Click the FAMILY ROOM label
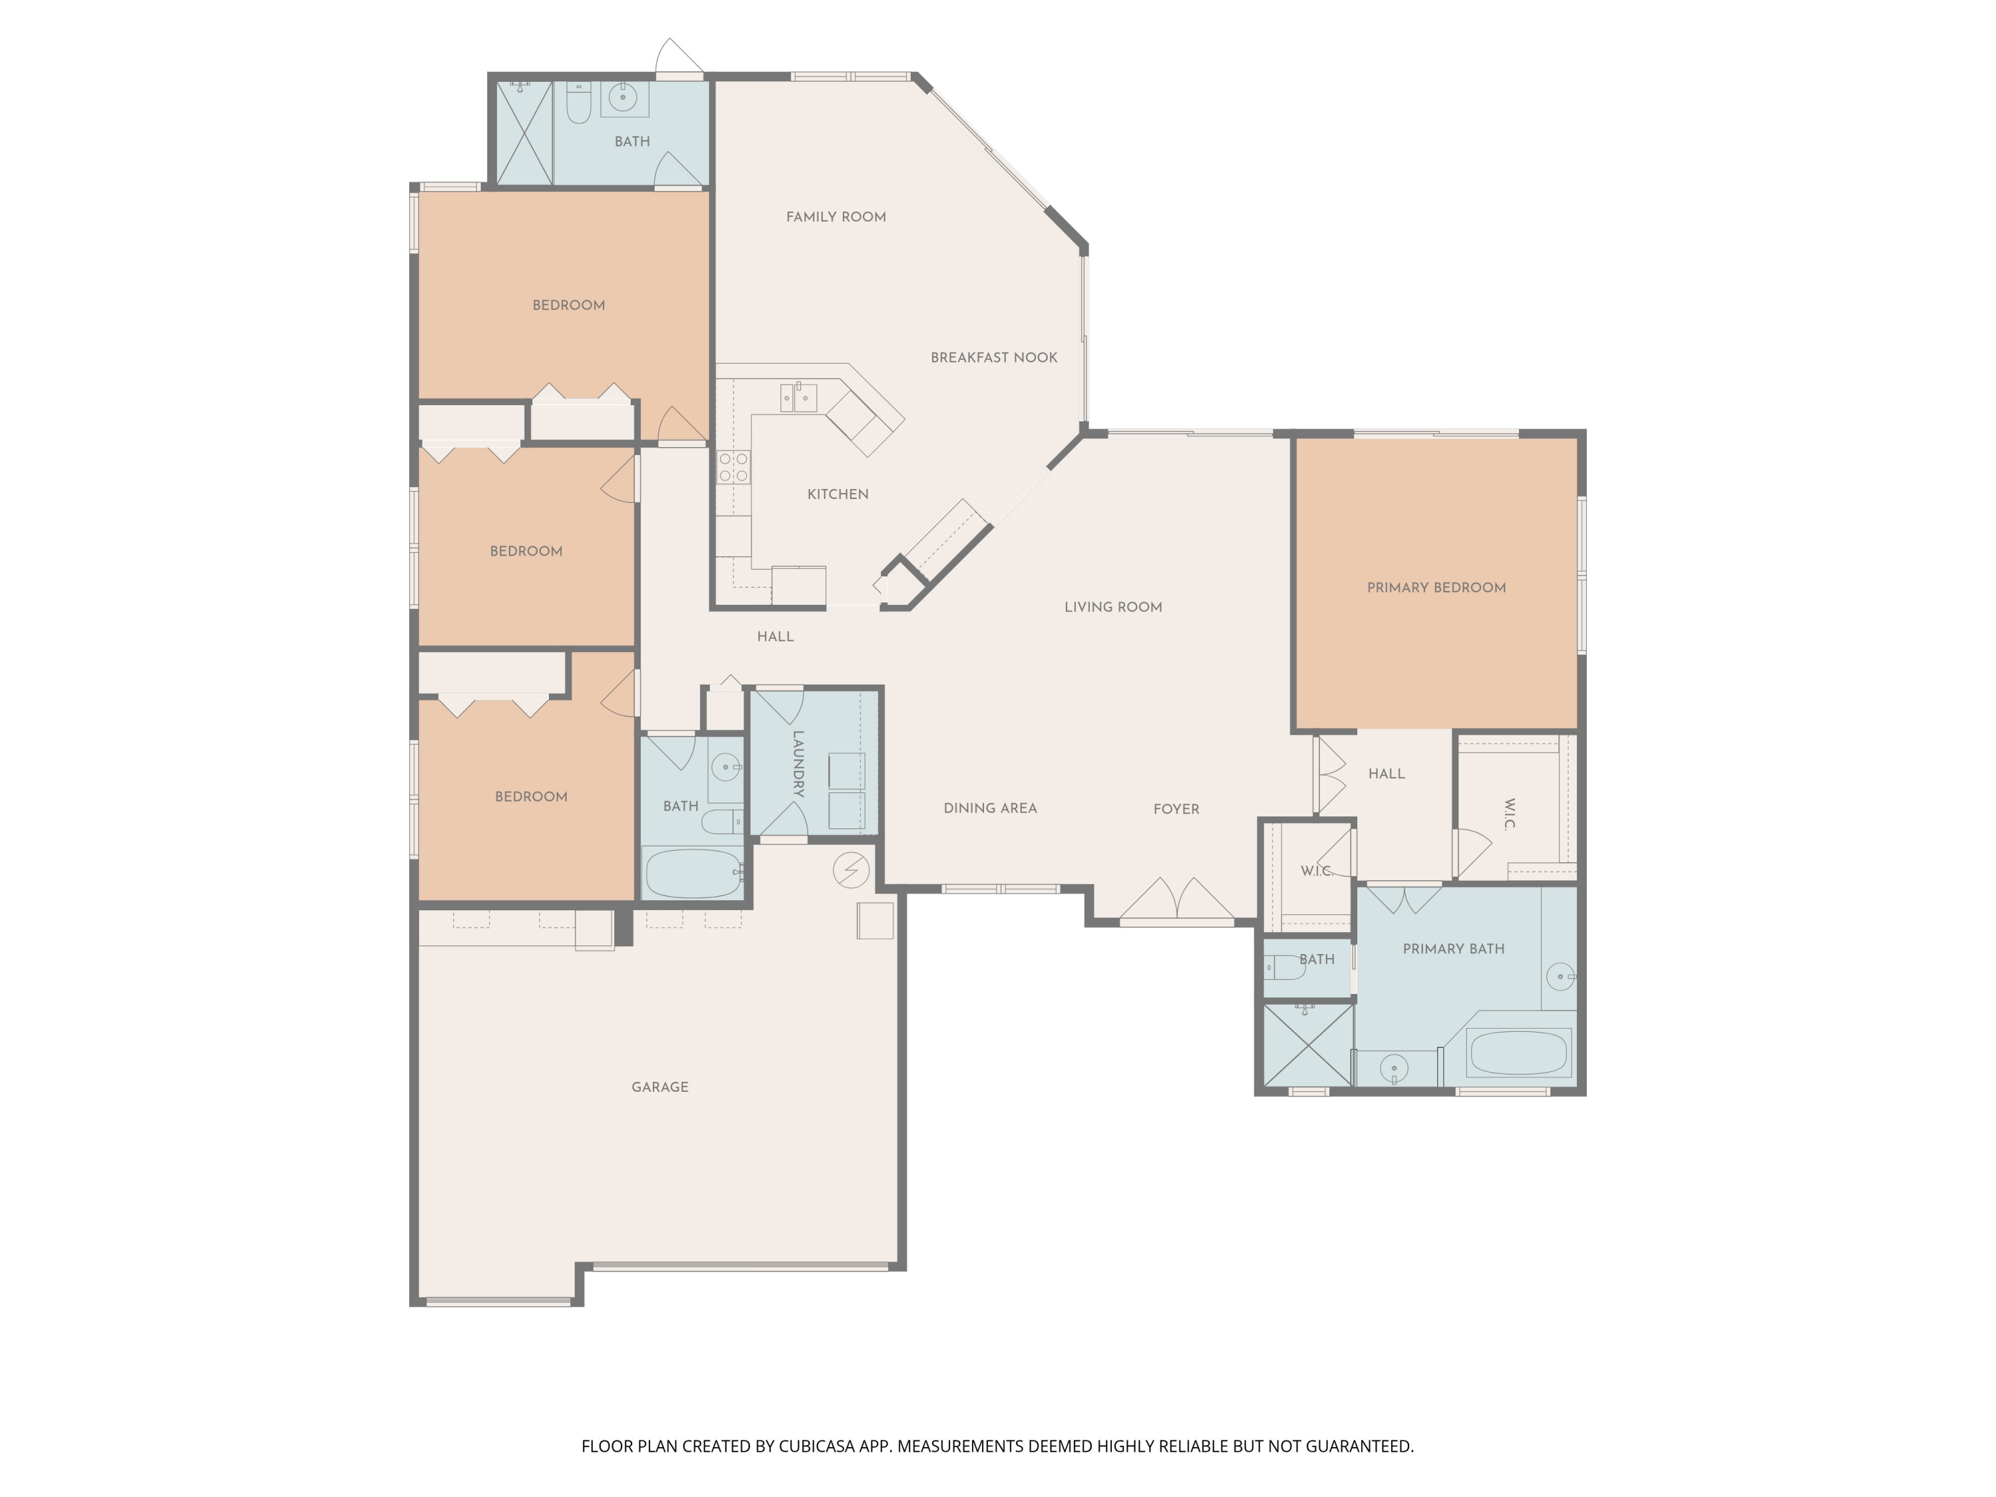pos(836,216)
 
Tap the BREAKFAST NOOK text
pos(993,357)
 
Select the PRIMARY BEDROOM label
pos(1436,587)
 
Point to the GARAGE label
pos(659,1087)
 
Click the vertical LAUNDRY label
pos(798,763)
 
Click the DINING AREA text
pos(990,808)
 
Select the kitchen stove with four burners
pos(733,468)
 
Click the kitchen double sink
pos(798,397)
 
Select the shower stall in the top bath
pos(524,132)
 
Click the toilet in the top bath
pos(578,104)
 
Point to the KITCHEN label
pos(838,494)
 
